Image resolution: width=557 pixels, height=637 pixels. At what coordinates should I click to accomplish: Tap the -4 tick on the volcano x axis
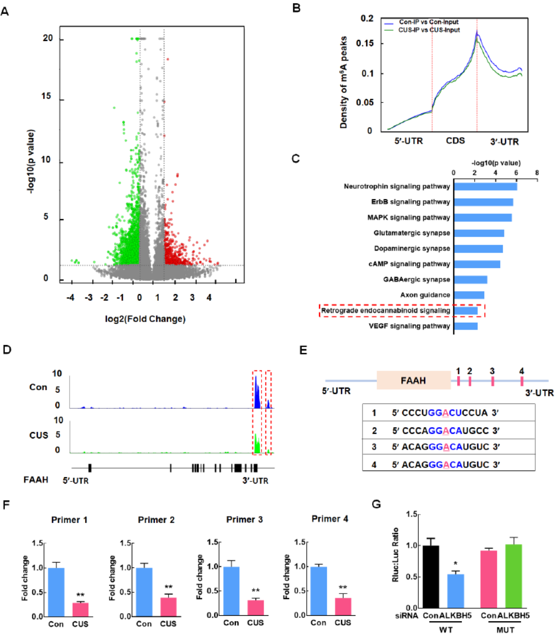71,298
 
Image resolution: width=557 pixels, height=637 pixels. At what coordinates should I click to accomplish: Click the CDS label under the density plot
455,141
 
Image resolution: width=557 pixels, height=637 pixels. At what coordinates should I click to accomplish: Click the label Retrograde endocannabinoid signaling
385,311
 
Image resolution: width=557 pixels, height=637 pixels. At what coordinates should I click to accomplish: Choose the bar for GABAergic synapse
470,279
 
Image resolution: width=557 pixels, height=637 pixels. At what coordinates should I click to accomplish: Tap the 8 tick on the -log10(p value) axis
537,173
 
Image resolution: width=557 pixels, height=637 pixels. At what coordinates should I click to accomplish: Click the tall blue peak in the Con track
256,393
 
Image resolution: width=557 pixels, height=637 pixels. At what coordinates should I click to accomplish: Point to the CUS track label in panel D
39,435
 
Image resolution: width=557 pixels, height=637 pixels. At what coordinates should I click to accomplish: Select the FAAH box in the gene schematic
413,381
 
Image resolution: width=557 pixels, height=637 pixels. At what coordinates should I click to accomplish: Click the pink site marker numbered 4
522,381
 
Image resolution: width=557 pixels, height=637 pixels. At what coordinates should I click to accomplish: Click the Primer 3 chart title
243,519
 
